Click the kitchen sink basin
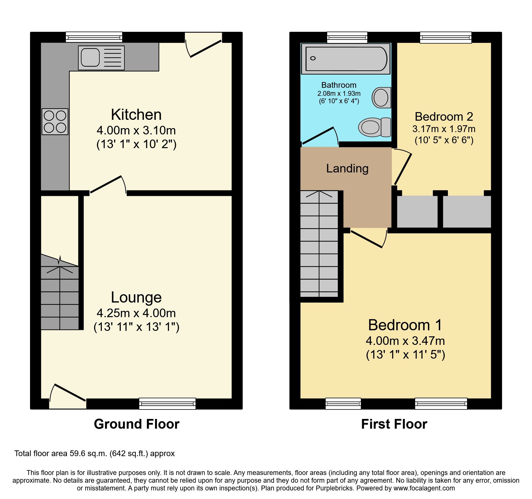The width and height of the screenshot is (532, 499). point(90,57)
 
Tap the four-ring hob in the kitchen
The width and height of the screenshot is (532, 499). point(55,122)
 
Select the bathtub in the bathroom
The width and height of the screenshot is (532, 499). point(346,59)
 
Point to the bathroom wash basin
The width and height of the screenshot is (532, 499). point(381,98)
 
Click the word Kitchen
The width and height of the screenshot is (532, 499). point(136,115)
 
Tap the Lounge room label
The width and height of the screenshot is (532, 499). point(136,297)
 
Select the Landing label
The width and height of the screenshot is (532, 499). point(347,168)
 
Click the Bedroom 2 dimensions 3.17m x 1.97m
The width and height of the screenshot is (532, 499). point(444,129)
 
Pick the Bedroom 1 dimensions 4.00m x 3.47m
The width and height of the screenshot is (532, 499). point(405,341)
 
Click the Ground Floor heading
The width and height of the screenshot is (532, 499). point(136,424)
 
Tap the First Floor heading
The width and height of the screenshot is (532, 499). point(394,424)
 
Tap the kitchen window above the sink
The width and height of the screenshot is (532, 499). point(94,37)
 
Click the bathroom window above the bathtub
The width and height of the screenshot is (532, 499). point(347,37)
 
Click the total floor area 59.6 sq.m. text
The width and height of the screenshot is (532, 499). point(94,454)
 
